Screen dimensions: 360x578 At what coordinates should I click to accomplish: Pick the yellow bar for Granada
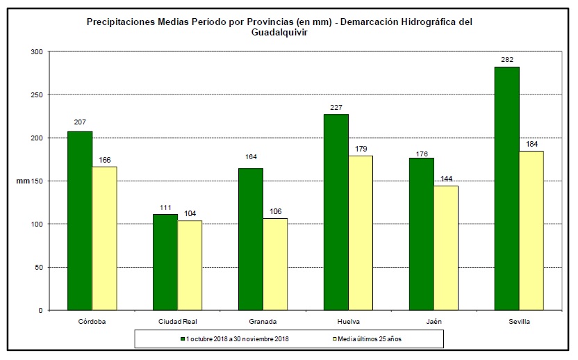pos(275,264)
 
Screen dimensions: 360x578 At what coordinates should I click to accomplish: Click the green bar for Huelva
pos(336,212)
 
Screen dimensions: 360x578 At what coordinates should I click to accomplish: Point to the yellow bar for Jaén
pos(446,247)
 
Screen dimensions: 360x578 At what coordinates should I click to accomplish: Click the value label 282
pos(506,59)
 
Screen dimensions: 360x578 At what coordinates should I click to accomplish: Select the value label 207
pos(80,123)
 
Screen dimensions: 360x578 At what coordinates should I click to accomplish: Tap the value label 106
pos(275,211)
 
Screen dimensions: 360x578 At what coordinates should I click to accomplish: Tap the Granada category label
pos(263,322)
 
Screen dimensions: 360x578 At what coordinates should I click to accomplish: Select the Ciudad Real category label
pos(177,322)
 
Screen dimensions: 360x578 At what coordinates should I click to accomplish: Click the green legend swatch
pos(183,339)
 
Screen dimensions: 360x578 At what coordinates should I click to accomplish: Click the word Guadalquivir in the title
pos(279,32)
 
